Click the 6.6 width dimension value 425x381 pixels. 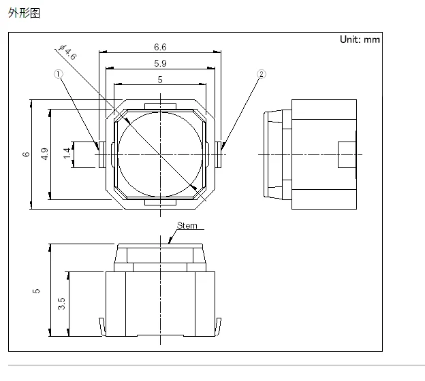point(160,47)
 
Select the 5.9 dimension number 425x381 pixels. point(160,63)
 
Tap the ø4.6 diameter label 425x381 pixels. point(68,52)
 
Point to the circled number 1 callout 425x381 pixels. point(59,74)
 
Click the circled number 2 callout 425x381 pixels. point(261,74)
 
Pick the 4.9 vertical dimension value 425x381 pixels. point(44,154)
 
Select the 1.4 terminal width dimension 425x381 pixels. point(67,154)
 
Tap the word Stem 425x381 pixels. point(187,225)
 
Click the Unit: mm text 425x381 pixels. point(360,39)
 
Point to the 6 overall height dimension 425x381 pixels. point(26,154)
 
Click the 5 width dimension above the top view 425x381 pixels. point(160,80)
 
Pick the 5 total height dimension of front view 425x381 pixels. point(37,291)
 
